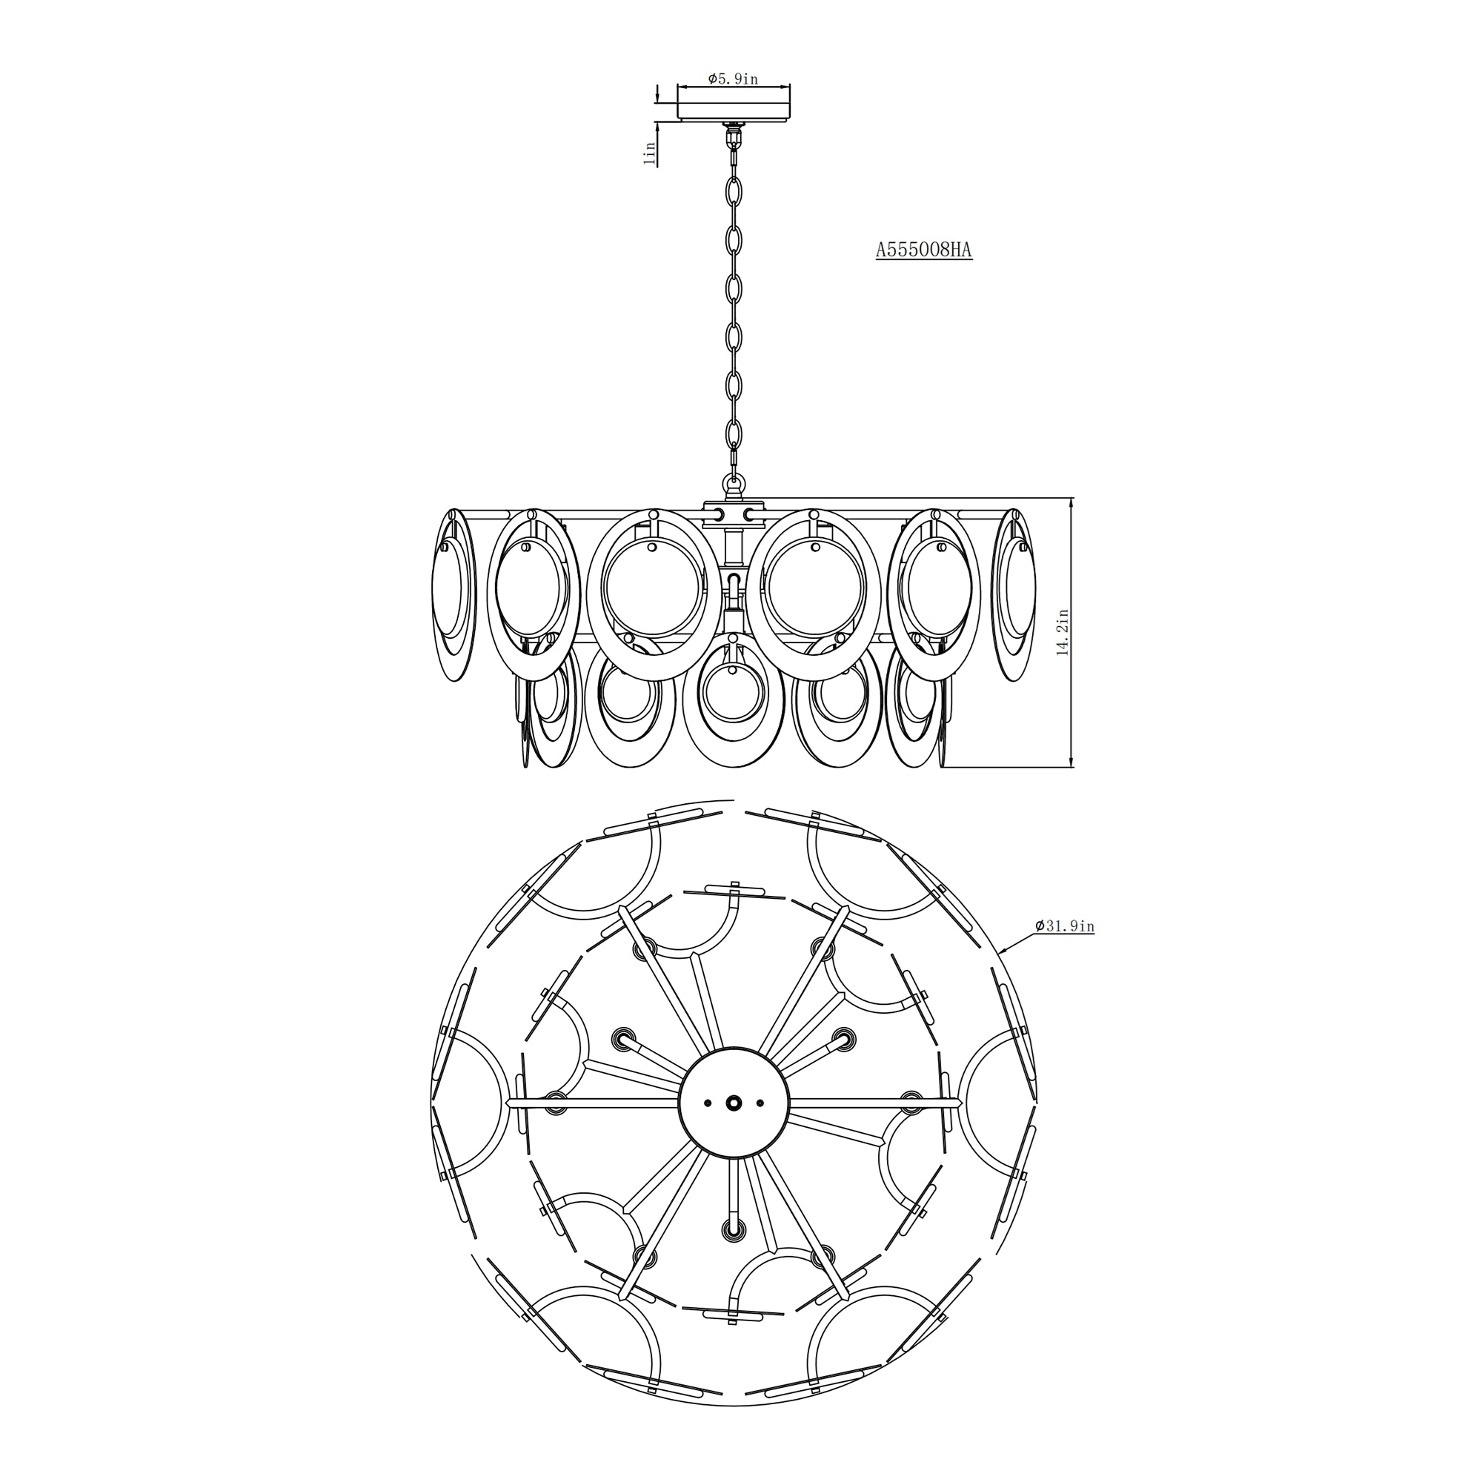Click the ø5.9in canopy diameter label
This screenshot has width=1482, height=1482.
pos(733,79)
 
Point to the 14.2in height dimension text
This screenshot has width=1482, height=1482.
pos(1063,631)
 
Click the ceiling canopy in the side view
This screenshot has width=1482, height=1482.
pos(734,104)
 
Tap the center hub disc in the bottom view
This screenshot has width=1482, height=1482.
pos(734,1103)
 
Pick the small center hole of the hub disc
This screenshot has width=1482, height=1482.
pos(734,1103)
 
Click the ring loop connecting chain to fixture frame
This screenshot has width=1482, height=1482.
pos(734,484)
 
